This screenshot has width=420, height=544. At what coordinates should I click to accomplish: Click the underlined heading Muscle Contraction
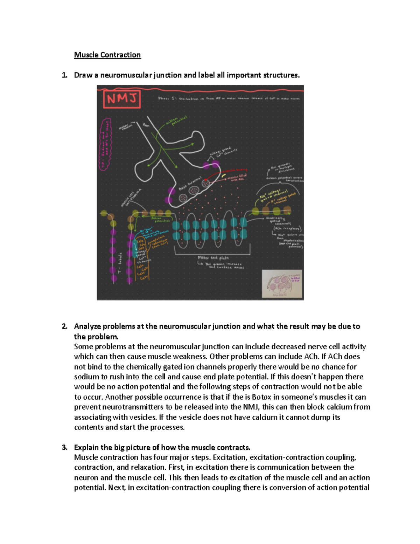coord(107,55)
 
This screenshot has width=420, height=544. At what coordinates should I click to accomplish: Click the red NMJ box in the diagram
coord(121,99)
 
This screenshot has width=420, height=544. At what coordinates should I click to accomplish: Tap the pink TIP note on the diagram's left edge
coord(105,144)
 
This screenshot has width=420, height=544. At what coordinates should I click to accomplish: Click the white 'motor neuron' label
coord(126,126)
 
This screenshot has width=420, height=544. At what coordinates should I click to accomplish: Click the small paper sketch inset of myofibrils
coord(282,284)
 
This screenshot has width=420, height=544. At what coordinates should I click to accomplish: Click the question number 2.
coord(64,326)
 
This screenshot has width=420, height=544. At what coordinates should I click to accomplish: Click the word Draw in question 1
coord(83,75)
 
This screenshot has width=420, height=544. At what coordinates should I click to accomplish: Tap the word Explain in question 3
coord(86,448)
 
